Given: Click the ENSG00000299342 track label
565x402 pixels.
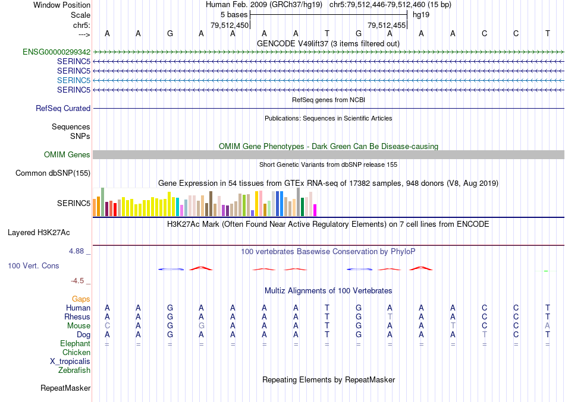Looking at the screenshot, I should click(56, 52).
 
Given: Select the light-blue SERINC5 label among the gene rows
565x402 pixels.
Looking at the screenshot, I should click(74, 80).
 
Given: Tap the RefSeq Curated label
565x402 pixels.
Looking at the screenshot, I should click(63, 109).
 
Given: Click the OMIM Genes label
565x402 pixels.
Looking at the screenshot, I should click(67, 155).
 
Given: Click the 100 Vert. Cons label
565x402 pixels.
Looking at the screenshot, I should click(33, 266).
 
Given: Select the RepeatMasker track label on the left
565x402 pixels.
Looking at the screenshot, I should click(65, 388).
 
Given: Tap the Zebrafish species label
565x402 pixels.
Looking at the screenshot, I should click(74, 371).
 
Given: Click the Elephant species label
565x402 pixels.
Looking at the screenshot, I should click(75, 344).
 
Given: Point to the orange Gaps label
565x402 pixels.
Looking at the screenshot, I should click(81, 299).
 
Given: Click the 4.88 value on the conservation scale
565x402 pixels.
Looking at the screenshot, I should click(77, 251).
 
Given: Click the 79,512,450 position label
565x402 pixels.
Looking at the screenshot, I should click(230, 26).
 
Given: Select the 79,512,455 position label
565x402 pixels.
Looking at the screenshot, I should click(387, 26).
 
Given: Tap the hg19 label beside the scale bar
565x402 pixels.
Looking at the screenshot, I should click(421, 15).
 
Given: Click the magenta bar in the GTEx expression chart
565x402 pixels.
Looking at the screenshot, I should click(315, 210).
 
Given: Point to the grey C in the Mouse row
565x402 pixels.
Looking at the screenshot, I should click(107, 326).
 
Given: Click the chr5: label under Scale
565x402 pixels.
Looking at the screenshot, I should click(81, 26).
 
